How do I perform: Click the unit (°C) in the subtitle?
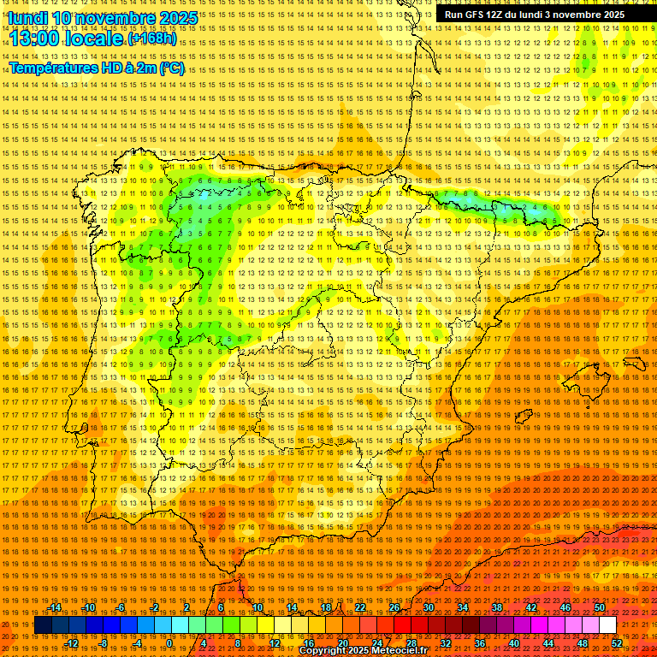coord(171,68)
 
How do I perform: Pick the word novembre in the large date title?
coord(121,18)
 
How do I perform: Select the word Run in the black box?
coord(453,15)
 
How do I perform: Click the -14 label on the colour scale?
coord(56,607)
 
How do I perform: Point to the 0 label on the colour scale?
coord(169,643)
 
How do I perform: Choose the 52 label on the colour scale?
coord(617,643)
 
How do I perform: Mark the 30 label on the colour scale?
coord(428,607)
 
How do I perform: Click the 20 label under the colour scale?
coord(342,643)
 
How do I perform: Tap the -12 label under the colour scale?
coord(73,643)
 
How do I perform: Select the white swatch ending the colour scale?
coord(607,625)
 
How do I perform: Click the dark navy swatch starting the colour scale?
coord(43,625)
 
